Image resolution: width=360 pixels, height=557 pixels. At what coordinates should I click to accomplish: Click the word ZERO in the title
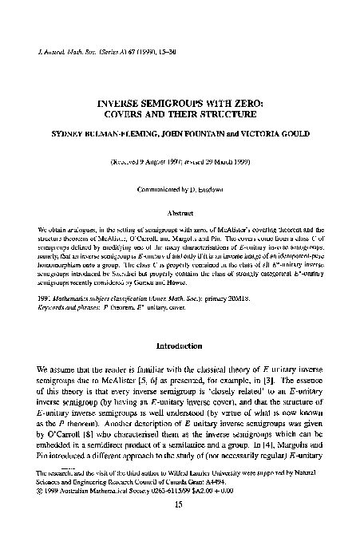(x=247, y=103)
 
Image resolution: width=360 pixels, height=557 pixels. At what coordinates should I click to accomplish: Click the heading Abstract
(x=180, y=215)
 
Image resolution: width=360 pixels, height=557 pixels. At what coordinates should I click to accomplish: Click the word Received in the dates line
(x=129, y=161)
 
